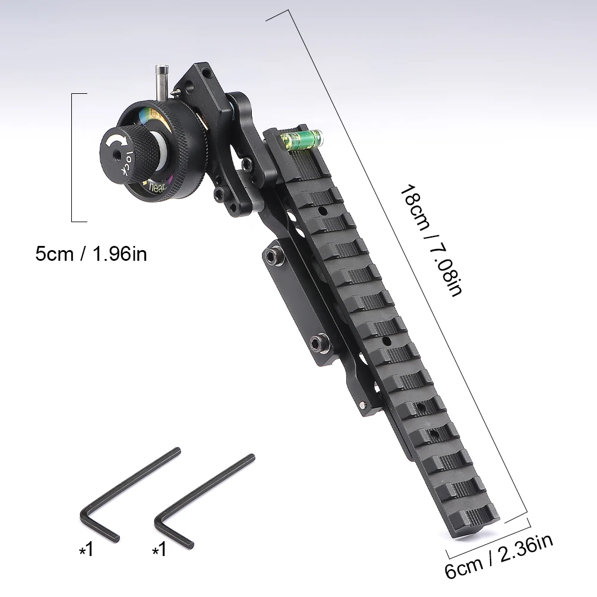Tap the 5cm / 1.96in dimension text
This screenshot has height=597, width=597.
click(91, 254)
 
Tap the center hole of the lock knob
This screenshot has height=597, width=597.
click(118, 158)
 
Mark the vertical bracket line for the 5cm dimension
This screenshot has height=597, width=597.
click(72, 157)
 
